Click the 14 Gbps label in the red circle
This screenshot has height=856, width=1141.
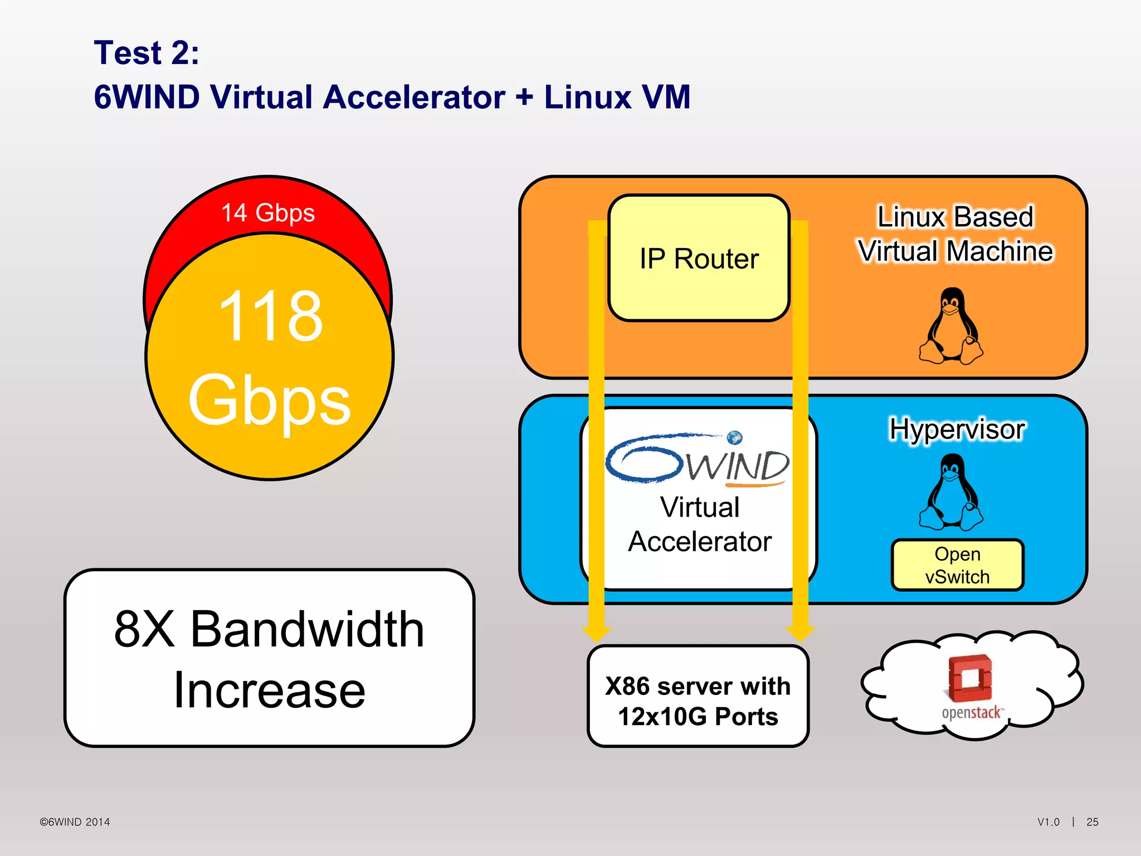[268, 213]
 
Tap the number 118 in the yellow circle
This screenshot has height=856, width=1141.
[270, 317]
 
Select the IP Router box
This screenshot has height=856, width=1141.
[699, 259]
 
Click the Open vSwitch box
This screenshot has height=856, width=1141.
[957, 565]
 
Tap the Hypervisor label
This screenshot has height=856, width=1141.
[957, 430]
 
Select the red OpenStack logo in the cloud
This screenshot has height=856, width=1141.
[971, 678]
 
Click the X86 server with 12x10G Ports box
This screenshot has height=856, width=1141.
[698, 701]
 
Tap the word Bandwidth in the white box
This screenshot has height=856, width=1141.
[307, 629]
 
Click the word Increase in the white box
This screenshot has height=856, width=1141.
[270, 690]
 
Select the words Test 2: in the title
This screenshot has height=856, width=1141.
[147, 53]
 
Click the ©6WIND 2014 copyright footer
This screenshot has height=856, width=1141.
[75, 822]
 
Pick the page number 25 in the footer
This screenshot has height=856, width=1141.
[1092, 822]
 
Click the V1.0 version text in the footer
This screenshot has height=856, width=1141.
[1048, 822]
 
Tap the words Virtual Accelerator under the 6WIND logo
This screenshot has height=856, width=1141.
[700, 524]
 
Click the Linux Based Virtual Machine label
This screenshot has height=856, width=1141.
[955, 234]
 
